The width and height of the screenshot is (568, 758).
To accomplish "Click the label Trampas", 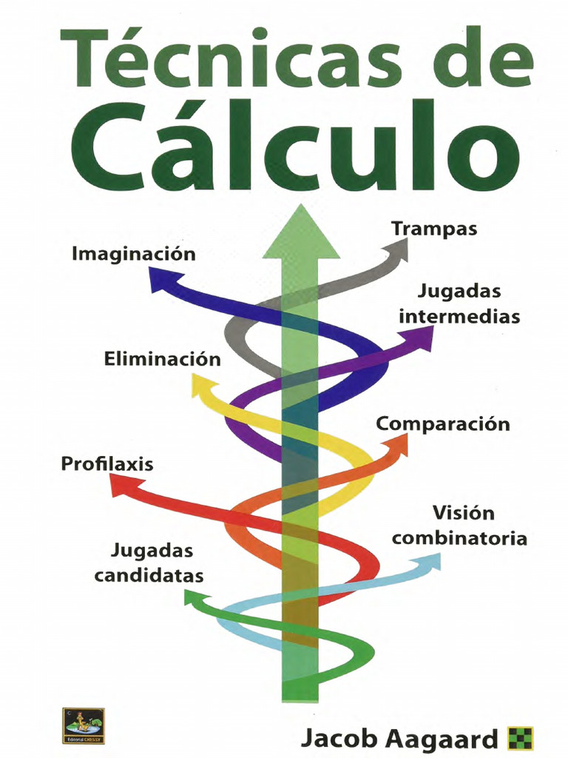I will coord(434,229).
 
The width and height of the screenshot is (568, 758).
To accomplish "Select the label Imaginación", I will coord(134,254).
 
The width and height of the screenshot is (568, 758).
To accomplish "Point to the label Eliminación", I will coord(163,360).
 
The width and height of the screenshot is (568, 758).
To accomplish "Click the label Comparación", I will coord(443,424).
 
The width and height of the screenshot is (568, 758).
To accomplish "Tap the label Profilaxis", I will coord(107,465).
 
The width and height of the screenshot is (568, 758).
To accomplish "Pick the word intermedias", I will coord(459,317).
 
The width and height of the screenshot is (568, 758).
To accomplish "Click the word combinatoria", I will coord(459,538).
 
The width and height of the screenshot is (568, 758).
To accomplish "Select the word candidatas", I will coord(149,576).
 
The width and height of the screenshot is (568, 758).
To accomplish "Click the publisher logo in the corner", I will coord(83,725).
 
